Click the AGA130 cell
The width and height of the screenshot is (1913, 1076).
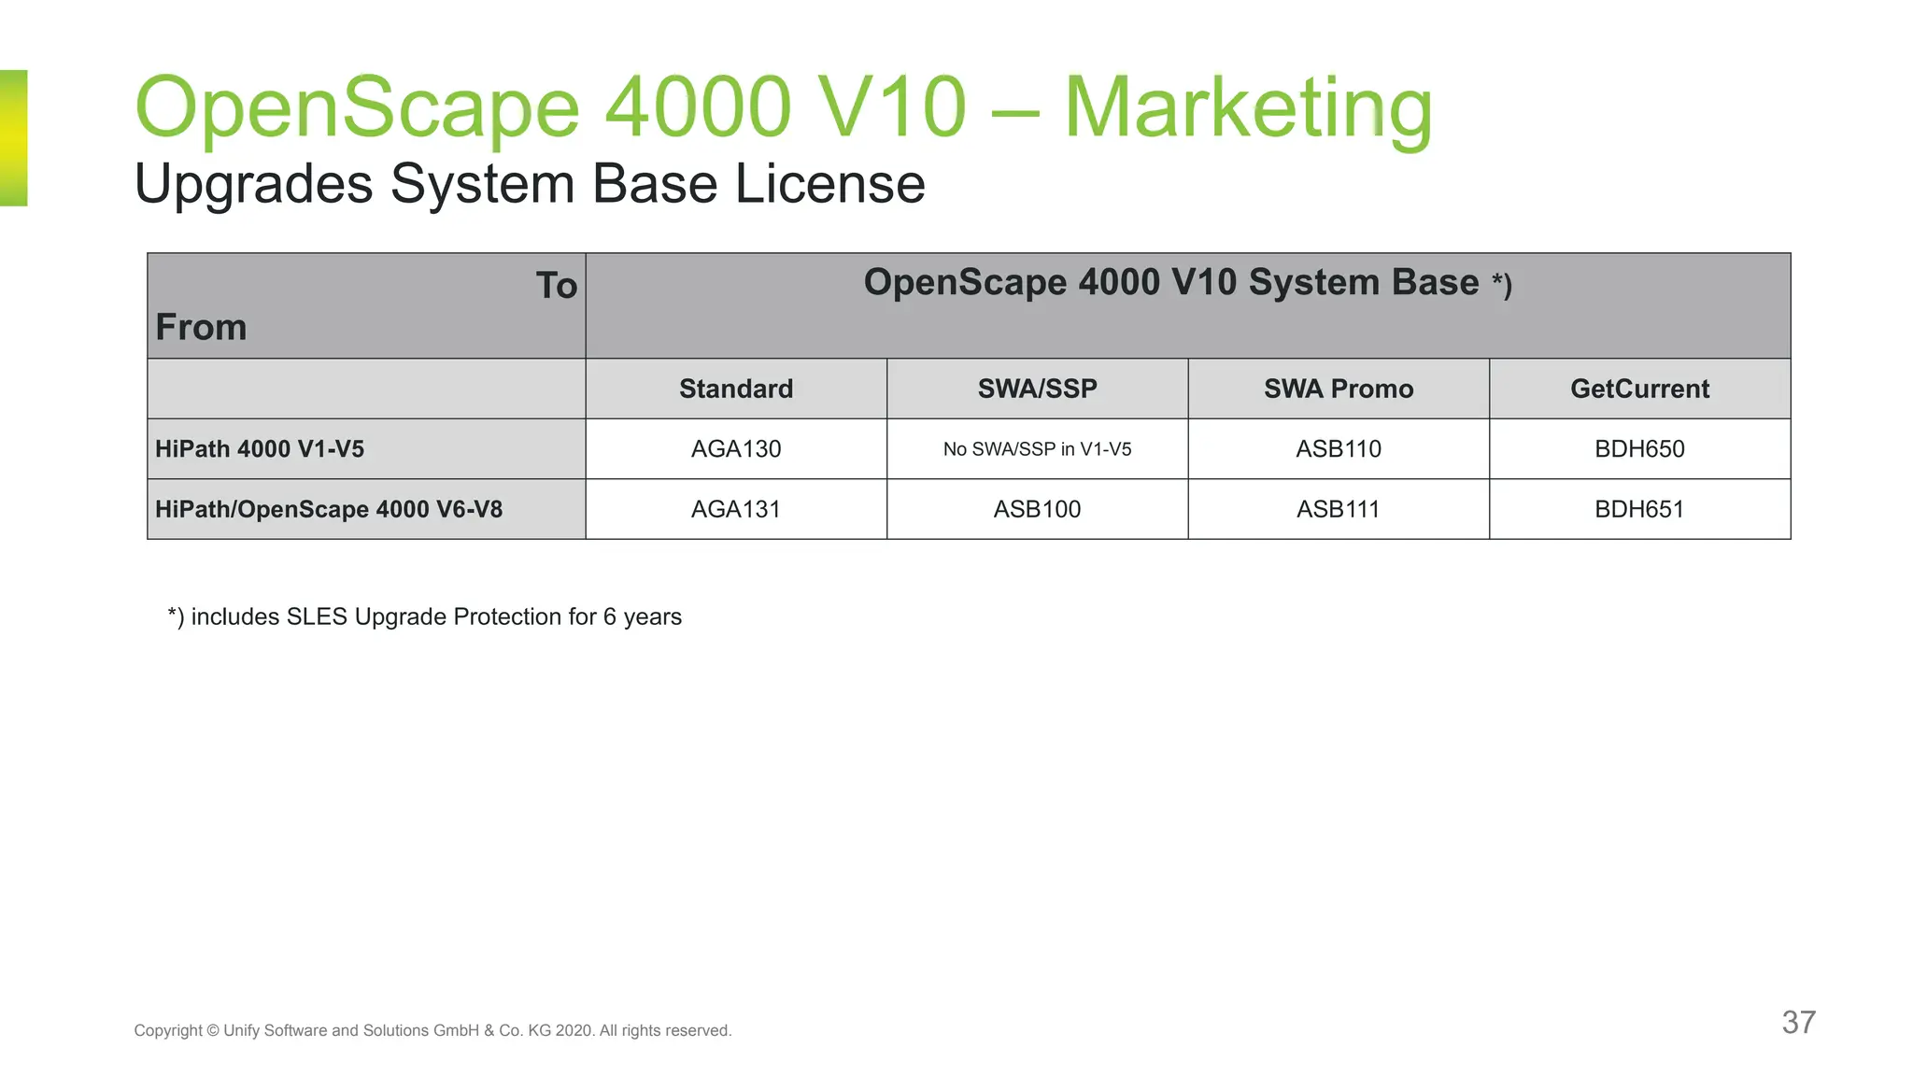pos(736,449)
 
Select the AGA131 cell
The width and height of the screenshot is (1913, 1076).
pos(736,509)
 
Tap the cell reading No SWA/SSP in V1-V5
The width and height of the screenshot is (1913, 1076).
pos(1037,449)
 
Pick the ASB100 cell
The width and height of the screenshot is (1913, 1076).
pos(1037,509)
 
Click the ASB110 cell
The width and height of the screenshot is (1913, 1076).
pos(1338,449)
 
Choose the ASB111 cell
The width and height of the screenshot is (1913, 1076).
pos(1338,509)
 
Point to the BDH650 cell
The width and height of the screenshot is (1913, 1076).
pos(1639,449)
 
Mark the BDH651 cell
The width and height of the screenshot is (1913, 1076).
pos(1639,509)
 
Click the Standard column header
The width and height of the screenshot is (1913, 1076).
pos(736,389)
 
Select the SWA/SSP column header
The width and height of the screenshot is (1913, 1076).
pos(1037,389)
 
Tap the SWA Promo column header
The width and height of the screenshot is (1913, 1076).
pos(1338,389)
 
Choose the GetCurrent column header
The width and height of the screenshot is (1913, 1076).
pos(1639,389)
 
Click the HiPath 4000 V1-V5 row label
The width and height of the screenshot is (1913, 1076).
pos(260,449)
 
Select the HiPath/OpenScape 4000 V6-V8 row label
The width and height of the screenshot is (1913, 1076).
pos(329,509)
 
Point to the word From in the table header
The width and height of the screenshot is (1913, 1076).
pos(201,328)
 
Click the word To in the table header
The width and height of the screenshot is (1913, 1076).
pos(557,286)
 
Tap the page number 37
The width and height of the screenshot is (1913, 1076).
pos(1798,1022)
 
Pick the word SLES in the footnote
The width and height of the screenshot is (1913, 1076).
pos(317,616)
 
